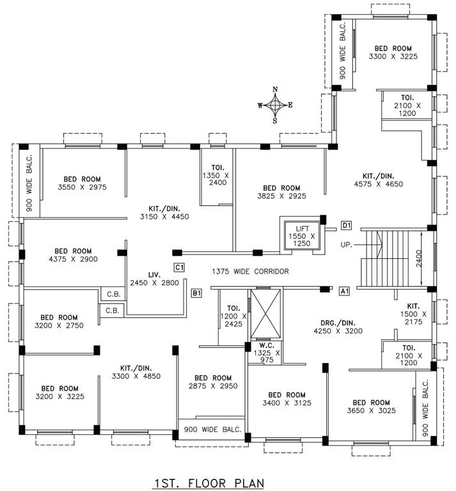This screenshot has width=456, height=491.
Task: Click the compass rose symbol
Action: coord(275,104)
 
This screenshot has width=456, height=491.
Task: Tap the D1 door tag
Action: coord(346,225)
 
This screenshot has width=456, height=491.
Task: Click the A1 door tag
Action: coord(344,291)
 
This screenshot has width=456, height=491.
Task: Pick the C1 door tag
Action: coord(179,267)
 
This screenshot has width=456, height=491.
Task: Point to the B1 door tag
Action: coord(197,293)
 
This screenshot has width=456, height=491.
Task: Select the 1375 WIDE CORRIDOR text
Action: coord(250,272)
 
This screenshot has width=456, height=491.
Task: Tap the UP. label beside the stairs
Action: coord(347,245)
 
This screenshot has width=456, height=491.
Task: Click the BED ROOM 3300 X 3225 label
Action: coord(393,52)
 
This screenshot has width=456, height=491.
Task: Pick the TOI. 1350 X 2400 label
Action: coord(214,178)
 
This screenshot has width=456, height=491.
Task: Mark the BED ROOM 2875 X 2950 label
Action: coord(212,382)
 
